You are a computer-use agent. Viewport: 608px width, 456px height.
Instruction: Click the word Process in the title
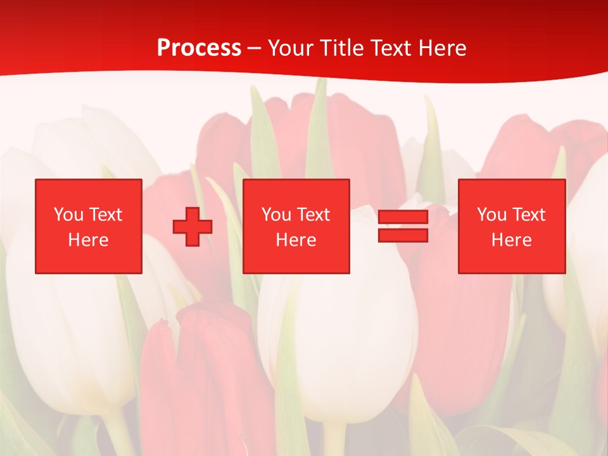click(199, 48)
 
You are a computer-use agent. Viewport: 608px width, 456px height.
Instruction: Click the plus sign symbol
click(193, 227)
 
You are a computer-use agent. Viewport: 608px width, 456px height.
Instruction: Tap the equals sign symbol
click(403, 226)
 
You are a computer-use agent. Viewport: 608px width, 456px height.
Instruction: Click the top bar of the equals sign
click(403, 217)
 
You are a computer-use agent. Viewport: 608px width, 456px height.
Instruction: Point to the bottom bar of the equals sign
click(403, 236)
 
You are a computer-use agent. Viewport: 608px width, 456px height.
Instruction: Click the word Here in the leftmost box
click(88, 240)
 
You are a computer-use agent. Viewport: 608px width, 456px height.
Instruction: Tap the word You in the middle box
click(276, 215)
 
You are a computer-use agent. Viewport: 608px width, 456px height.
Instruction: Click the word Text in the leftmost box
click(105, 215)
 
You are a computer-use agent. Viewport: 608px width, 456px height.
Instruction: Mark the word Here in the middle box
click(296, 240)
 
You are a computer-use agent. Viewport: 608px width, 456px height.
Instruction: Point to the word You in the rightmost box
click(491, 215)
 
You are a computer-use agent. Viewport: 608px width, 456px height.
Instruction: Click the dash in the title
click(255, 48)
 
